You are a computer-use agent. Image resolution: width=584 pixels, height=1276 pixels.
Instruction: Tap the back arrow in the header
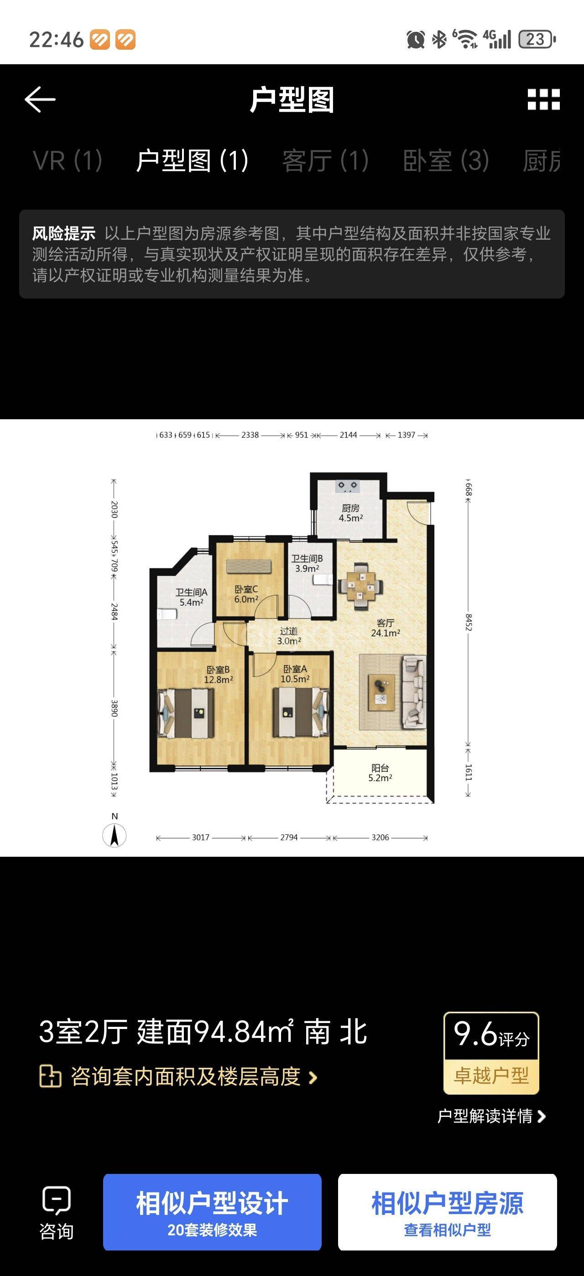40,99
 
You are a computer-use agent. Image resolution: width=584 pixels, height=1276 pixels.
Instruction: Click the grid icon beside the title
543,99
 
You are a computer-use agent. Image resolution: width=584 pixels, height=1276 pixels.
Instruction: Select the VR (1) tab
68,161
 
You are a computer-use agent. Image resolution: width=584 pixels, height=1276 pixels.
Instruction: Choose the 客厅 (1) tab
325,161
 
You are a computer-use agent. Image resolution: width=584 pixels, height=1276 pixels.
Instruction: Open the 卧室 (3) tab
446,161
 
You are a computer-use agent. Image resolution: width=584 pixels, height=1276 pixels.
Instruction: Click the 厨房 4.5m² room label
350,513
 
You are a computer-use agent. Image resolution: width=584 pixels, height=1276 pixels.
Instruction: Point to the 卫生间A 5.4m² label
191,597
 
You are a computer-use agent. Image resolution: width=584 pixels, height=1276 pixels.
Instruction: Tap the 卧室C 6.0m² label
246,594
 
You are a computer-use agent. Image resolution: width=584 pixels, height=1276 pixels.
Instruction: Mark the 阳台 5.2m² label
380,773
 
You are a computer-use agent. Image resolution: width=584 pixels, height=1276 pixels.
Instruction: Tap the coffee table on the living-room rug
381,692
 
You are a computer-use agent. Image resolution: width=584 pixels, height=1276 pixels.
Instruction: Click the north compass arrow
115,835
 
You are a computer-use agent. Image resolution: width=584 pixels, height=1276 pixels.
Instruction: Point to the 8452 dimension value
469,622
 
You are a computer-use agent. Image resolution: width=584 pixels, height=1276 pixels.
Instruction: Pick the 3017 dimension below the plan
201,838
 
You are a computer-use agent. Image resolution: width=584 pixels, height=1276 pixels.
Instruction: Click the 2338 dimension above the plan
250,435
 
